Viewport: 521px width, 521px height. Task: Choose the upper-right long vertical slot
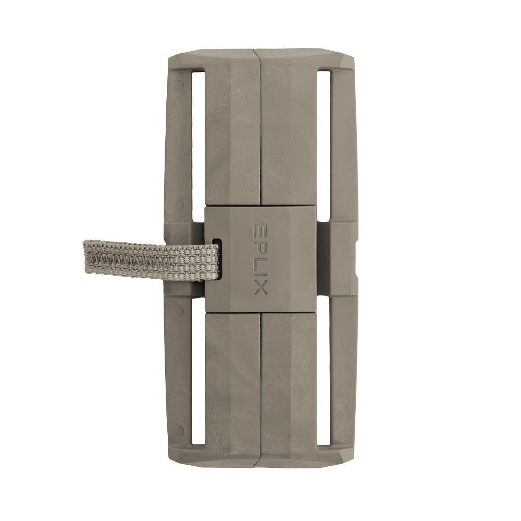click(324, 145)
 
